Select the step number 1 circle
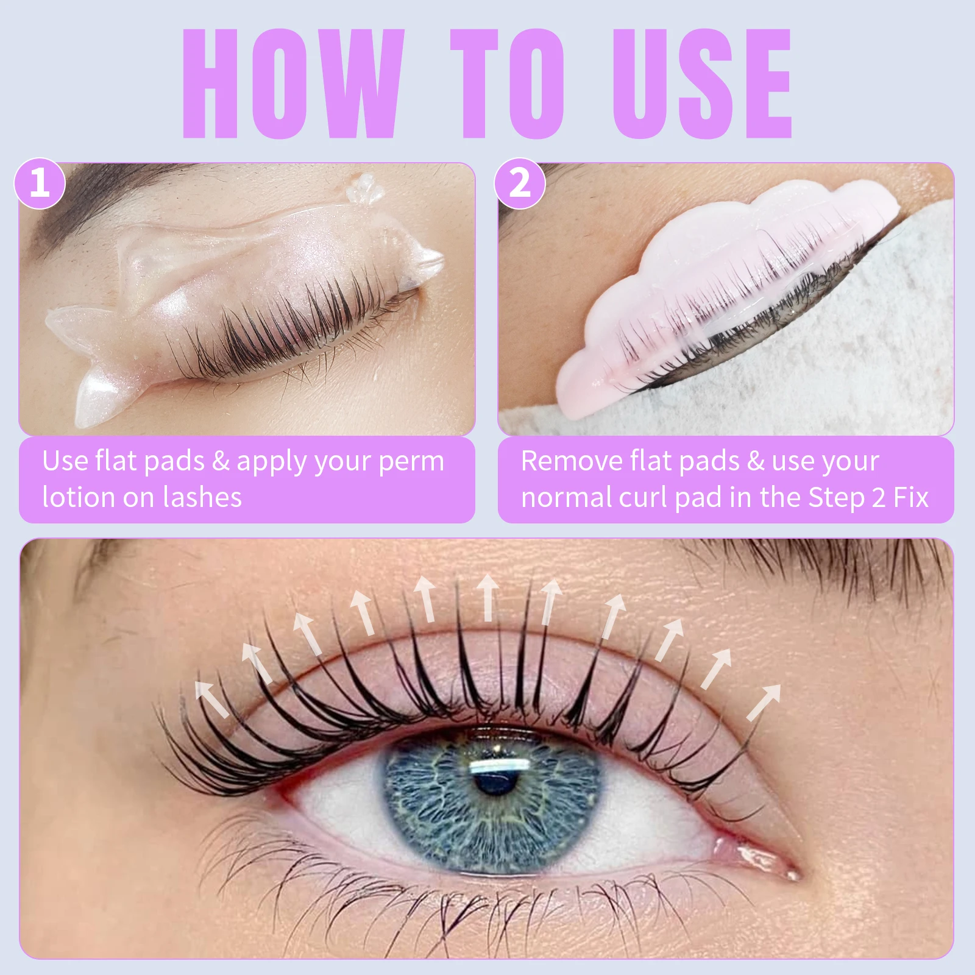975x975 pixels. pyautogui.click(x=40, y=183)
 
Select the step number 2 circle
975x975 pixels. pyautogui.click(x=520, y=183)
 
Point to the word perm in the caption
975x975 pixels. pyautogui.click(x=411, y=461)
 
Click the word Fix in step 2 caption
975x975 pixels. pyautogui.click(x=910, y=497)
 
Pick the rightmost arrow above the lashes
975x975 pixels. pyautogui.click(x=765, y=701)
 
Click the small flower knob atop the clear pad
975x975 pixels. pyautogui.click(x=364, y=188)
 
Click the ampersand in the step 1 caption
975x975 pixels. pyautogui.click(x=221, y=461)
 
